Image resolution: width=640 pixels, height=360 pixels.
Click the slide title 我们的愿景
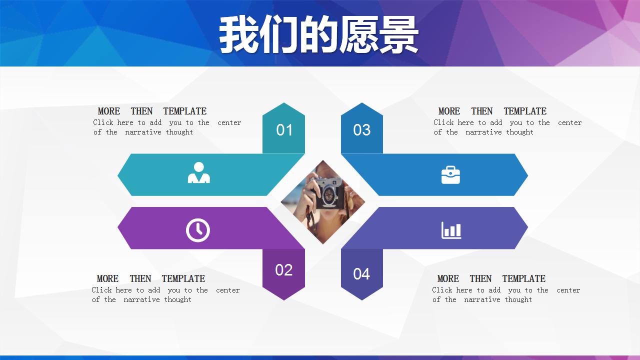318,35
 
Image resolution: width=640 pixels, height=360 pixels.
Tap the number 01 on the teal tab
284,130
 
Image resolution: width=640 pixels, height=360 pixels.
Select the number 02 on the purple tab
283,270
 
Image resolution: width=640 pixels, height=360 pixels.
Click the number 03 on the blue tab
361,130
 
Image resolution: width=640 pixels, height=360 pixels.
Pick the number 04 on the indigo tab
361,274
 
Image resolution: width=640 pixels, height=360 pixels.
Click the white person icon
198,173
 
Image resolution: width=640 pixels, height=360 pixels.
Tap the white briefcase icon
450,175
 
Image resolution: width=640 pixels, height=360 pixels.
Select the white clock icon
198,230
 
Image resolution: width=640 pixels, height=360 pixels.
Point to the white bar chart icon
451,230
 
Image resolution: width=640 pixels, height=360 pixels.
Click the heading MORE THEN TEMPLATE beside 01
152,111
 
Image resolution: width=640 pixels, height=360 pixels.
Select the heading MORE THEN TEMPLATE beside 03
492,111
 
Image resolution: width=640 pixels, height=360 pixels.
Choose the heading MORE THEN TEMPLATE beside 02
151,278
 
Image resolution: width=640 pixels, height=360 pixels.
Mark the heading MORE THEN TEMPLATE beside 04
491,278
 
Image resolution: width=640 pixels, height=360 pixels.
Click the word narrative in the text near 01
143,132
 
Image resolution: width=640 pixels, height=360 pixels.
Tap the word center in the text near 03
570,122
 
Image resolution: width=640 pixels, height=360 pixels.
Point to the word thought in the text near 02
178,299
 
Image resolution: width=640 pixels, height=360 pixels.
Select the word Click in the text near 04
442,290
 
